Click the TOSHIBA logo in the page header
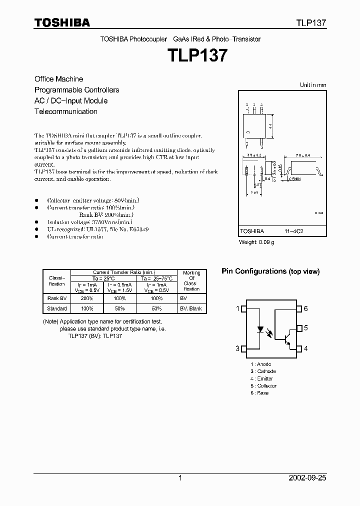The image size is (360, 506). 62,22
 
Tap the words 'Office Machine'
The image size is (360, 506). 58,79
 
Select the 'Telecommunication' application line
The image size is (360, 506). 65,111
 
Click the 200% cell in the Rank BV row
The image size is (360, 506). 87,298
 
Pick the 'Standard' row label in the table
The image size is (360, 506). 57,308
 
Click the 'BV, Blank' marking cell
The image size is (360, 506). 191,308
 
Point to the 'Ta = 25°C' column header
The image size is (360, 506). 87,278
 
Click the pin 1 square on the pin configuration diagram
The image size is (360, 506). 243,308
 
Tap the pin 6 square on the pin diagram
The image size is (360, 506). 299,308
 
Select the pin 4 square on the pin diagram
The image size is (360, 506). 299,348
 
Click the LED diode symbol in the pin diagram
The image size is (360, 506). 260,330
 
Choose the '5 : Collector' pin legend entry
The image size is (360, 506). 263,385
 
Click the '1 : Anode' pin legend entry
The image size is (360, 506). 261,364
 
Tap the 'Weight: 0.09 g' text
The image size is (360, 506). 256,242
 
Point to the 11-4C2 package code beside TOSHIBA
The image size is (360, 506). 293,231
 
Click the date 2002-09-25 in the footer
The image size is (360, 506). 308,478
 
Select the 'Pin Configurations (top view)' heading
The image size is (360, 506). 270,271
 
